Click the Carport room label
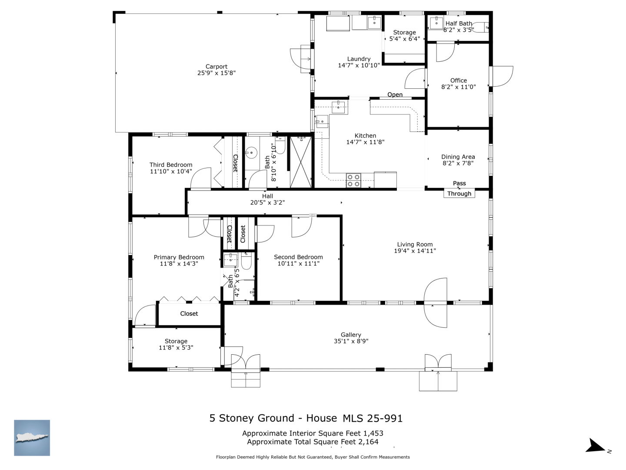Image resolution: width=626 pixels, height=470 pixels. (216, 67)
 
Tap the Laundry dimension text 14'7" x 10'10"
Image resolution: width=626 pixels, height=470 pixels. (359, 65)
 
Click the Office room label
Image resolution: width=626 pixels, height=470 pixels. (458, 81)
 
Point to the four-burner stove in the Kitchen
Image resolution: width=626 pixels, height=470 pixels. (353, 181)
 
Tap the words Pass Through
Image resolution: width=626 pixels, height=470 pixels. (459, 188)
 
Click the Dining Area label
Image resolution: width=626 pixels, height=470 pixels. (458, 157)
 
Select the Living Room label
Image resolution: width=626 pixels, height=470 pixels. (414, 244)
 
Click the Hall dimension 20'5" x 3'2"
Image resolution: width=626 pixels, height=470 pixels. (267, 203)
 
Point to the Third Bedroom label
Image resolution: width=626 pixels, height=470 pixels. (170, 164)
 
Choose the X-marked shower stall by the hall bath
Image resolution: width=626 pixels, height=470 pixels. (300, 162)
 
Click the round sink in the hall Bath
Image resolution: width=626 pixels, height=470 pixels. (251, 153)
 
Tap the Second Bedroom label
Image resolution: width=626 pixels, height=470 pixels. (298, 257)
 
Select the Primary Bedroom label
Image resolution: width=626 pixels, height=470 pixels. (179, 257)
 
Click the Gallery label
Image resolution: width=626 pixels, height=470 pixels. (351, 335)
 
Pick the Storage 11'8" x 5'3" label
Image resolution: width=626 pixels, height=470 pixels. (176, 344)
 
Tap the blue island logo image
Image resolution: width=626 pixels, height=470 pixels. (32, 437)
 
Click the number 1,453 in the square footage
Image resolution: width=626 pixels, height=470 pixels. (373, 433)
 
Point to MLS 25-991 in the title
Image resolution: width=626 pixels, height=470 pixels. (372, 418)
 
